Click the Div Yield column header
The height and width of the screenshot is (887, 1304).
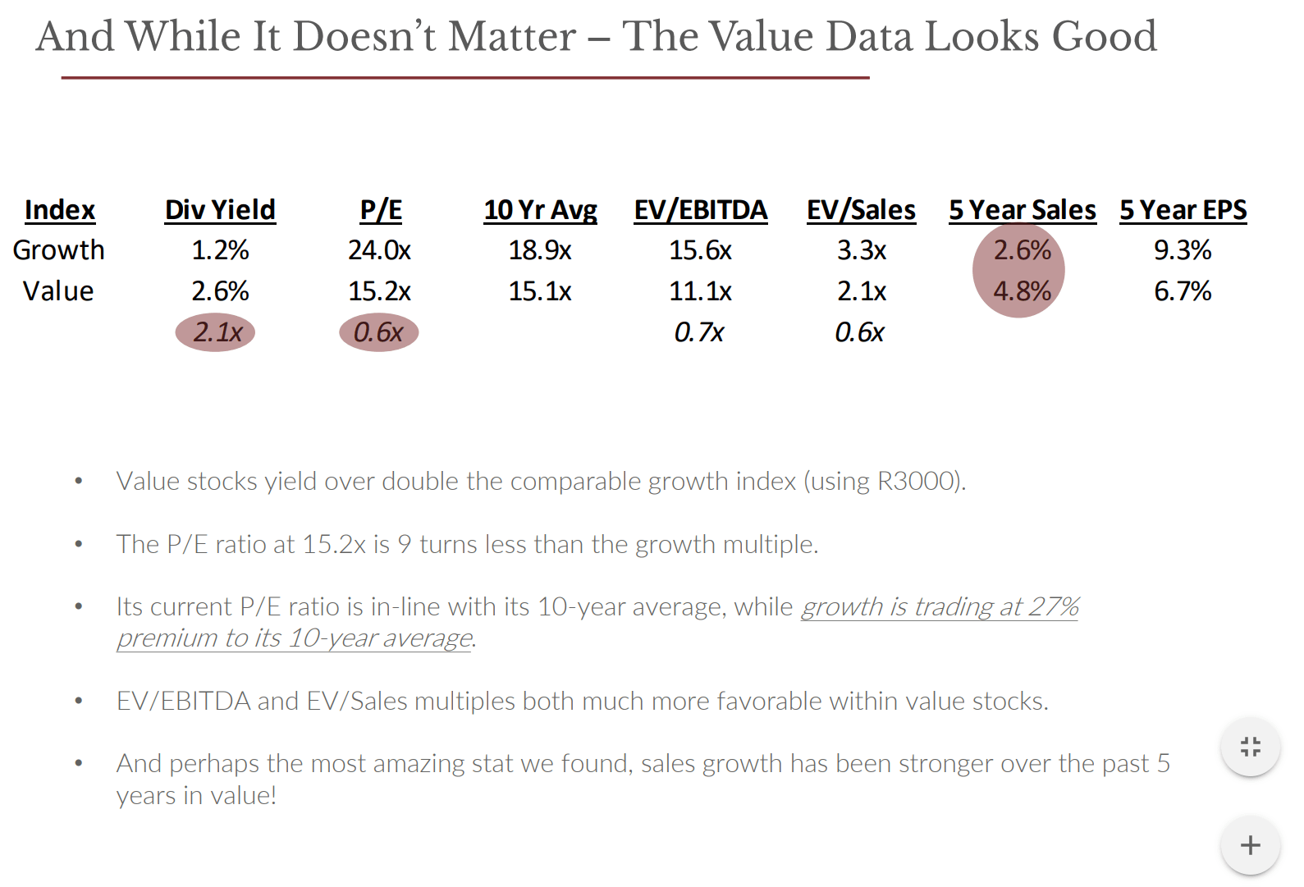pyautogui.click(x=220, y=210)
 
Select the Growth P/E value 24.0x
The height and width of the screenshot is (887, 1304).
pyautogui.click(x=379, y=250)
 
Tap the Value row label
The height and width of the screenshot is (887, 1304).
pyautogui.click(x=58, y=291)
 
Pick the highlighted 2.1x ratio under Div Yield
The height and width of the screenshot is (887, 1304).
pyautogui.click(x=217, y=332)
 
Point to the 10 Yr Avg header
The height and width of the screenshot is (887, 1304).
pyautogui.click(x=540, y=210)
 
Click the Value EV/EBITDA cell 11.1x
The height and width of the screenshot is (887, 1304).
pyautogui.click(x=700, y=291)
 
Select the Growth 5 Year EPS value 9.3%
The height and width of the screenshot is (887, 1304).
pyautogui.click(x=1183, y=250)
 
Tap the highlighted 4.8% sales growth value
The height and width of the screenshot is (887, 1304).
pyautogui.click(x=1022, y=291)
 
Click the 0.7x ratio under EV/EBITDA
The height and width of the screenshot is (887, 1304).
pyautogui.click(x=698, y=332)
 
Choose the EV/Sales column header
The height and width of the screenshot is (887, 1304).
pyautogui.click(x=861, y=210)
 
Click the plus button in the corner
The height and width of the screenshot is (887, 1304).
pyautogui.click(x=1250, y=845)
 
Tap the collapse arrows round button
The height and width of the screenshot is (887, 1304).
pyautogui.click(x=1250, y=747)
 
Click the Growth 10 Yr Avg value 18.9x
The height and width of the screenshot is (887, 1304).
pyautogui.click(x=540, y=250)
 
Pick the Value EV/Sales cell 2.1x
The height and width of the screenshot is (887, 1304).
pyautogui.click(x=862, y=291)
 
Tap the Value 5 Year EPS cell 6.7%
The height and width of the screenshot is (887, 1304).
pyautogui.click(x=1183, y=291)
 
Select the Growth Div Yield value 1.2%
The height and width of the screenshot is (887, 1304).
pyautogui.click(x=220, y=250)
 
